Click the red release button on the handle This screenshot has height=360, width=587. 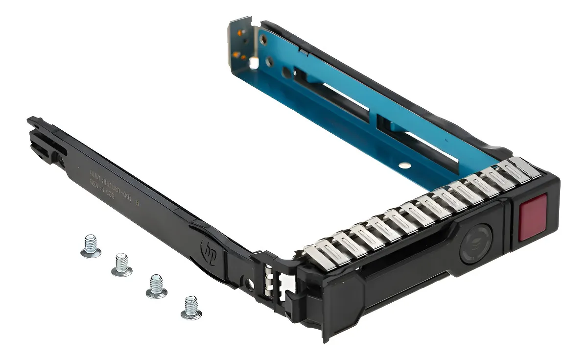point(533,216)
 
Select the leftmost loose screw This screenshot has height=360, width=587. point(91,246)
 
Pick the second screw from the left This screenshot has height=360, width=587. point(121,265)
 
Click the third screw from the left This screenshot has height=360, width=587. point(156,286)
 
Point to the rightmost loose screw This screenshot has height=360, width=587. point(191,308)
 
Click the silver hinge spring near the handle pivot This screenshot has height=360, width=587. point(268,281)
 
